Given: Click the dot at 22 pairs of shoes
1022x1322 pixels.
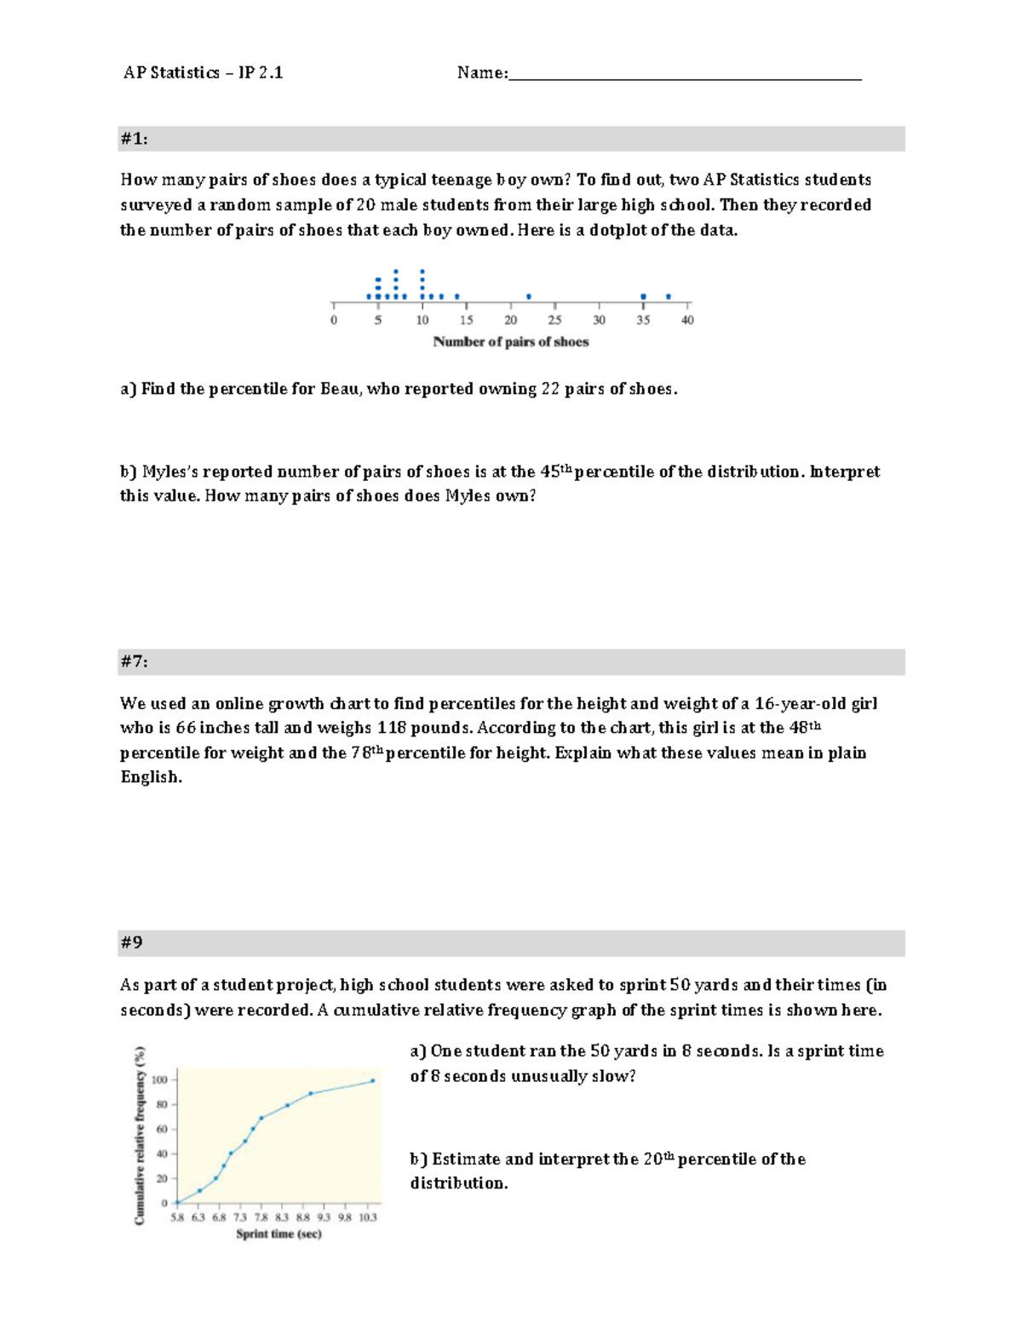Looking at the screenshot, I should (529, 296).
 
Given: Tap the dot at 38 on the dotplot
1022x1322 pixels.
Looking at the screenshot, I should (669, 296).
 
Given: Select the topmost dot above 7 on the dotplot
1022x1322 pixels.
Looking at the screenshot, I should (396, 272).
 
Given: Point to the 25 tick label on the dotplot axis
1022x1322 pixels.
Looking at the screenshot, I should (554, 320).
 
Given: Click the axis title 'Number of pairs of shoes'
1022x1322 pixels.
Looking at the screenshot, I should (511, 342).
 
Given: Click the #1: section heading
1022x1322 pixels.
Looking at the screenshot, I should (134, 139).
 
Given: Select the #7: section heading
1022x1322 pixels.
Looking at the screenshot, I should (134, 661).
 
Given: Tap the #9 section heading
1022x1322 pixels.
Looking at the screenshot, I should (131, 942).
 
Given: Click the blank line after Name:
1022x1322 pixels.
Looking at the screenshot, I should (685, 75).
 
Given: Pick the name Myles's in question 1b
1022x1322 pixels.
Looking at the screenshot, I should (172, 472).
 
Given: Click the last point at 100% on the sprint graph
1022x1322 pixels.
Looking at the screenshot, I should (372, 1081).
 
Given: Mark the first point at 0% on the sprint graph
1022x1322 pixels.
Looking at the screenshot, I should (177, 1202).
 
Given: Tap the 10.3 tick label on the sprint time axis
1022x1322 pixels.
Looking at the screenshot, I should (367, 1217).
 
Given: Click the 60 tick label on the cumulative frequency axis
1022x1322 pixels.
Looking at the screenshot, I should (162, 1130).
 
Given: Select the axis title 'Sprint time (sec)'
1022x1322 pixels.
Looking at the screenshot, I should (278, 1233).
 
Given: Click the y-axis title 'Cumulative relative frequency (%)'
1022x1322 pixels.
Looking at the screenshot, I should (140, 1136).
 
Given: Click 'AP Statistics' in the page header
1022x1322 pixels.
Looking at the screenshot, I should (171, 73).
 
